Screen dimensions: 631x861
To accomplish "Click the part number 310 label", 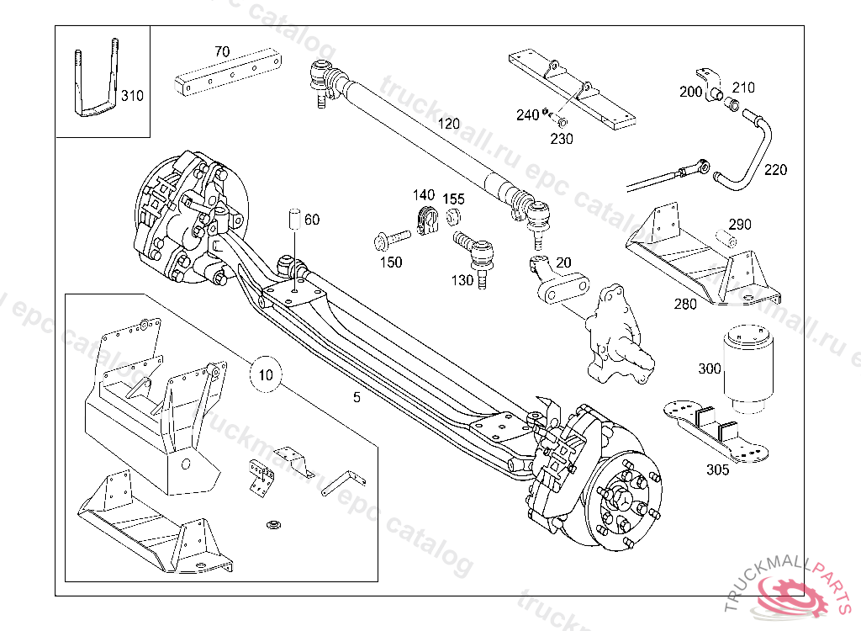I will [132, 95].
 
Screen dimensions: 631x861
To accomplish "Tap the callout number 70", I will [222, 51].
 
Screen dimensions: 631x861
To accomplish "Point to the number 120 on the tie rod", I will [449, 123].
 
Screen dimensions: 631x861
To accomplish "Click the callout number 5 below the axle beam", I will [357, 397].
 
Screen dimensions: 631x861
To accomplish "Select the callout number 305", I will [717, 470].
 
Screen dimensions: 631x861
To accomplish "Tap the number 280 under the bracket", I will [685, 304].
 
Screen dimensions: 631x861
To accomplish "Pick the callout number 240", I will [527, 115].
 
